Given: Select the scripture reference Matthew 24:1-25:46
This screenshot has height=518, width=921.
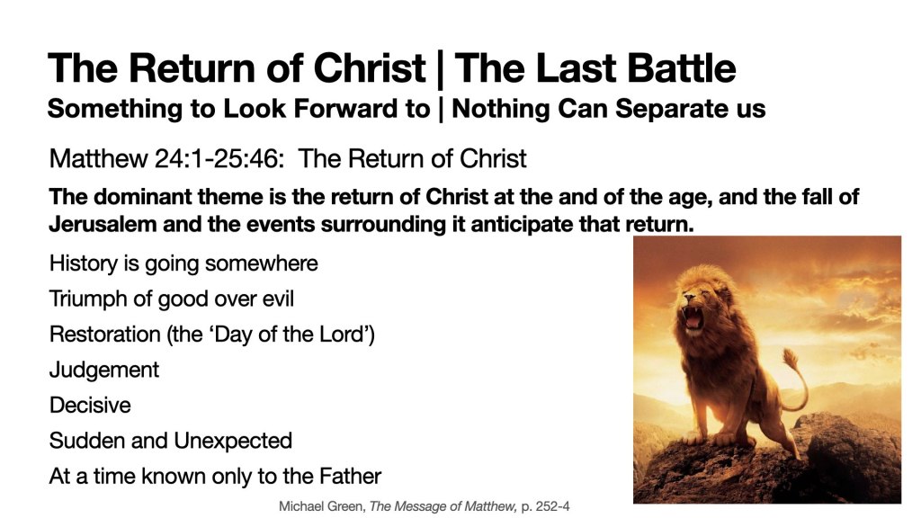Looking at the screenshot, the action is [x=166, y=158].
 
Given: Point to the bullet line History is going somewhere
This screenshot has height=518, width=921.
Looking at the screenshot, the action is [x=183, y=263].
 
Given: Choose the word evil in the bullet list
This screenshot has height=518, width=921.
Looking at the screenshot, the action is [x=278, y=299].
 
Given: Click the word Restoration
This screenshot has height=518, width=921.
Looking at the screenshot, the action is [x=104, y=335].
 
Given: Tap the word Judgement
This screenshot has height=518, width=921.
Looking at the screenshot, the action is [x=104, y=371].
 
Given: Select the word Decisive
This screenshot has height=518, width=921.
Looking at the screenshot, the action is [x=90, y=406].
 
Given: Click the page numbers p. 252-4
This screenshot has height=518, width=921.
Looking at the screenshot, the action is [x=545, y=506].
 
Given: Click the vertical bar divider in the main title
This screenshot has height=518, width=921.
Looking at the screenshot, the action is [x=440, y=69].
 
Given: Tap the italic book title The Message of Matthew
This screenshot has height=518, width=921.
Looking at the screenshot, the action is [x=443, y=506].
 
